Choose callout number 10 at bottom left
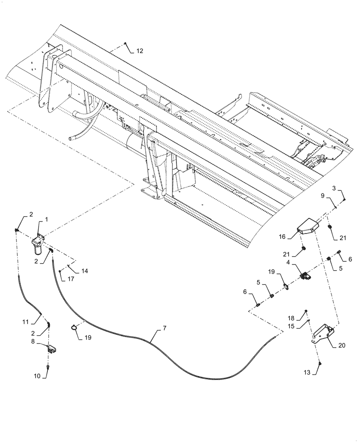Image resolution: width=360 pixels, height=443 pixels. [x=38, y=376]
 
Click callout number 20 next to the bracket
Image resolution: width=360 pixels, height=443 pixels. [x=342, y=346]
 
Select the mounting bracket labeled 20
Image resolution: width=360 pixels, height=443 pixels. [x=324, y=335]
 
